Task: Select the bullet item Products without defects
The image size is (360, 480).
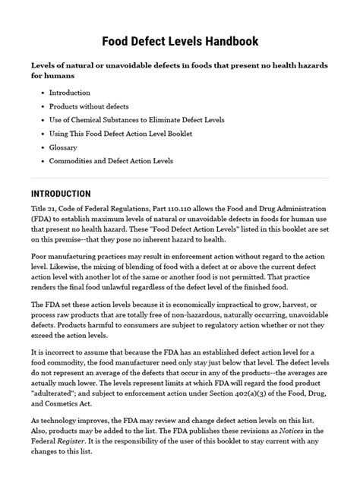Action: coord(88,106)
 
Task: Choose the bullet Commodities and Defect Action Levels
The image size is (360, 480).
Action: coord(111,161)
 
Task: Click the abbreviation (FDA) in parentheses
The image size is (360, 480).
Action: coord(43,220)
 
